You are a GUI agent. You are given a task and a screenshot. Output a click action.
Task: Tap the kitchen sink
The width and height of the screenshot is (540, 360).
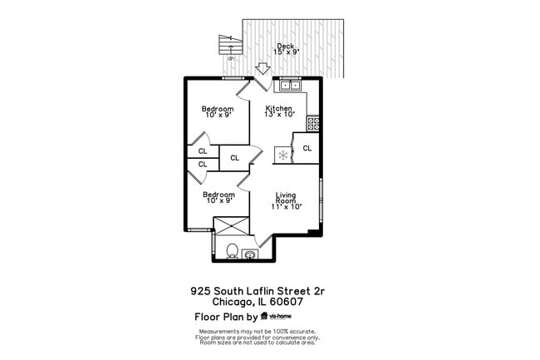290,84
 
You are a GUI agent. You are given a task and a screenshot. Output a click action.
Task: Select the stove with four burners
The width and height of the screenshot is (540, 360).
313,123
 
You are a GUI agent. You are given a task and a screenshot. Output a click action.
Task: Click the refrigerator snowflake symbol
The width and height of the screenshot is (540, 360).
283,155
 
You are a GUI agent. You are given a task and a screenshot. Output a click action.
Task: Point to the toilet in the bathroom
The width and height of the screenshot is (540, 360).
233,250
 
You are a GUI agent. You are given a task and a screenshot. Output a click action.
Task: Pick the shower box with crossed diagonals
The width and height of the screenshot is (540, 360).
232,226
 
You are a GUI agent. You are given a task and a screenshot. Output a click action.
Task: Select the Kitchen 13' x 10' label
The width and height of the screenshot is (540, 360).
278,112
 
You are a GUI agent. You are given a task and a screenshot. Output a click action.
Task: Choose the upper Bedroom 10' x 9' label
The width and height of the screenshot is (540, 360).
218,112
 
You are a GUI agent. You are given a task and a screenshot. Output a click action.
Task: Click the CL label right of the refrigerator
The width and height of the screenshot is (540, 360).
307,149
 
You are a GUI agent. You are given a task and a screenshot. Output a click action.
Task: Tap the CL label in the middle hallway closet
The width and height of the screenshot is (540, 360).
235,158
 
